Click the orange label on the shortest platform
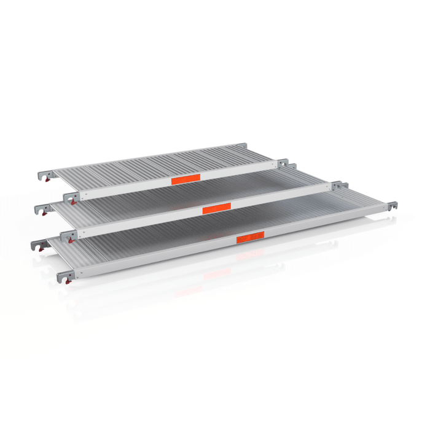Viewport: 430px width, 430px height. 186,179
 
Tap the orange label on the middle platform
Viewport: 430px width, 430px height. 216,208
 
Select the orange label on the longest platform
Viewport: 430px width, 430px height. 250,237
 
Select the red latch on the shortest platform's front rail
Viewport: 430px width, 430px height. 75,200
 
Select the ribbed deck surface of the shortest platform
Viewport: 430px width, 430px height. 160,162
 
